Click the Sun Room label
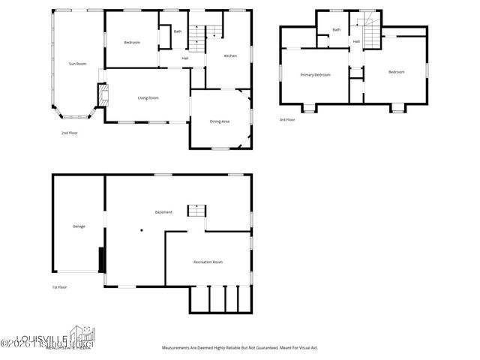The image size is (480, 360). pyautogui.click(x=77, y=64)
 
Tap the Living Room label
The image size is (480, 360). pyautogui.click(x=148, y=98)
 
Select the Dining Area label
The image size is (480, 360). pyautogui.click(x=220, y=121)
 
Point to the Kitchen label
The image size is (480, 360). pyautogui.click(x=231, y=55)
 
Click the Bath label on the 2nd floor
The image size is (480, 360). pyautogui.click(x=178, y=31)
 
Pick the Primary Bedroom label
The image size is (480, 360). pyautogui.click(x=315, y=75)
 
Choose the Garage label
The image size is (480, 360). pyautogui.click(x=79, y=226)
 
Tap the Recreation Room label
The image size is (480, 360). pyautogui.click(x=208, y=262)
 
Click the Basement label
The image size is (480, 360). pyautogui.click(x=163, y=212)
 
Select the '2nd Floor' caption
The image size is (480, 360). pyautogui.click(x=70, y=133)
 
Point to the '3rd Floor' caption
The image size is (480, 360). pyautogui.click(x=287, y=120)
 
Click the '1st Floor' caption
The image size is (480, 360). pyautogui.click(x=60, y=287)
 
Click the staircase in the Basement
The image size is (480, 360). pyautogui.click(x=196, y=210)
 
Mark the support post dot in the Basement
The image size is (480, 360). pyautogui.click(x=140, y=229)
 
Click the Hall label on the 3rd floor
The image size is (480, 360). pyautogui.click(x=356, y=41)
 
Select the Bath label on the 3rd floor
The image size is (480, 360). pyautogui.click(x=337, y=30)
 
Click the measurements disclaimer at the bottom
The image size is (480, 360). pyautogui.click(x=241, y=348)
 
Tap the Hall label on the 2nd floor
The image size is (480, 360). pyautogui.click(x=184, y=58)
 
